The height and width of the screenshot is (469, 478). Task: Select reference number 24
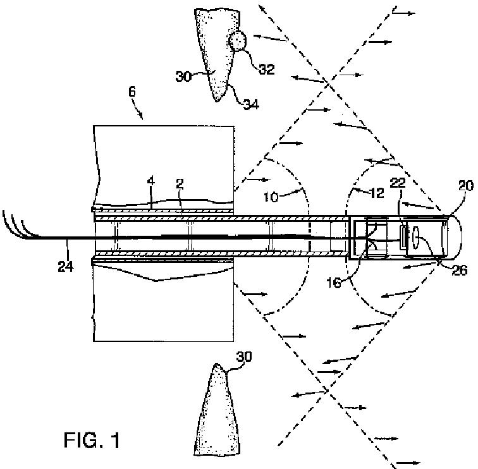click(65, 266)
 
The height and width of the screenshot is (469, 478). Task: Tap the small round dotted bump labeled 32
click(238, 42)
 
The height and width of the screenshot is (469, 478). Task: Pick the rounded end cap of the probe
click(450, 238)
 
